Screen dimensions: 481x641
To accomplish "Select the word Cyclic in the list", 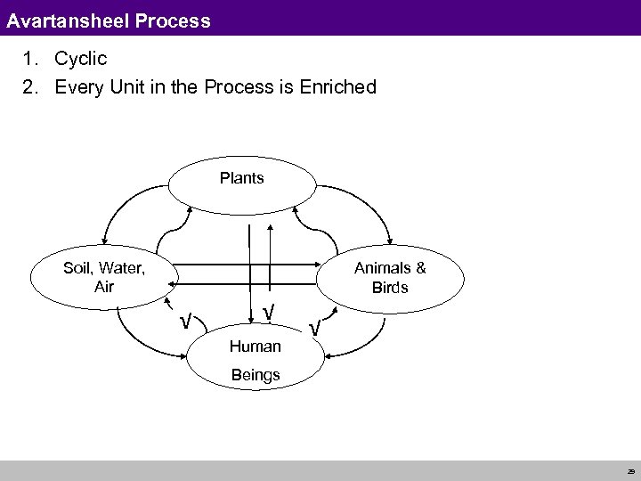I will [81, 60].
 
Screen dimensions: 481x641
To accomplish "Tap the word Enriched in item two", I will [338, 87].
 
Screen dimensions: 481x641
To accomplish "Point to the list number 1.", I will [30, 60].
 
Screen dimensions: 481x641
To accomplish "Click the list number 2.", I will [30, 87].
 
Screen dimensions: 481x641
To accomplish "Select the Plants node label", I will [241, 178].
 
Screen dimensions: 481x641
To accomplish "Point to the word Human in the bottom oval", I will [256, 346].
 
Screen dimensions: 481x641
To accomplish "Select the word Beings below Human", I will [256, 374].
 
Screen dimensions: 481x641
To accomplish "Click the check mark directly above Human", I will [268, 314].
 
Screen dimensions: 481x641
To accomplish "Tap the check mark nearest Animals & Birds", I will [314, 330].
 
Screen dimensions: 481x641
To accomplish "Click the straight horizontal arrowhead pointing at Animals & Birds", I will [314, 265].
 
